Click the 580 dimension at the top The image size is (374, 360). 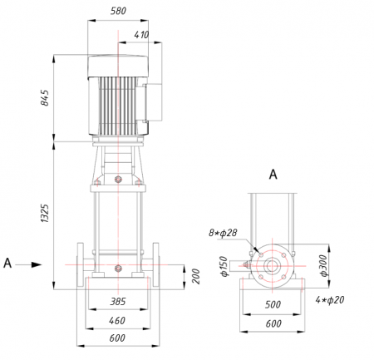point(118,11)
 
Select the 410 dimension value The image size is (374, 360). point(141,35)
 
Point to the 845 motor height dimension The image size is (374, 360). point(45,97)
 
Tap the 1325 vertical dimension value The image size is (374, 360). point(45,213)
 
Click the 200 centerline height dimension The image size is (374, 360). point(196,276)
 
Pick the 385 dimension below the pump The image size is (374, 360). point(118,302)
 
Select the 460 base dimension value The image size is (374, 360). point(117,321)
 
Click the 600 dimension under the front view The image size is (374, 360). point(117,338)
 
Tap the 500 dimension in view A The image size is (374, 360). point(273,304)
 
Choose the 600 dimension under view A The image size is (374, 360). point(273,323)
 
